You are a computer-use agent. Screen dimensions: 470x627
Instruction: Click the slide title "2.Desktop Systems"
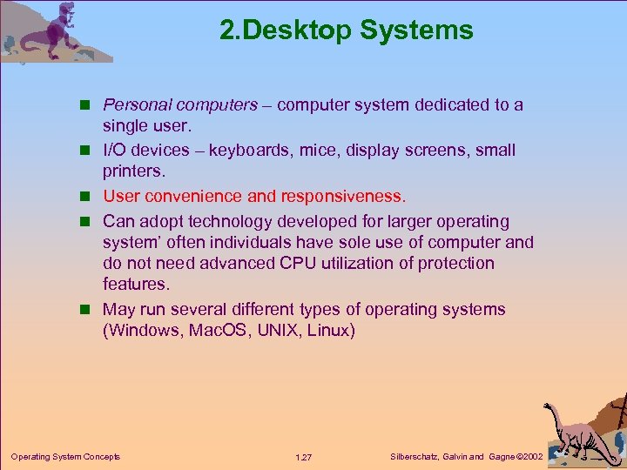tap(346, 31)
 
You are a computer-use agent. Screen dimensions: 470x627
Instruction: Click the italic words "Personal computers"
tap(180, 105)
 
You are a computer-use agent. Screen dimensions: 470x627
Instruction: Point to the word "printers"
tap(132, 171)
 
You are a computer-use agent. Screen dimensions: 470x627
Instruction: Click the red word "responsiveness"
tap(346, 197)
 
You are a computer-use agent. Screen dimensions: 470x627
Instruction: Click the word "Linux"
tap(330, 332)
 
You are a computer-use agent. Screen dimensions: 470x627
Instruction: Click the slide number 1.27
tap(304, 457)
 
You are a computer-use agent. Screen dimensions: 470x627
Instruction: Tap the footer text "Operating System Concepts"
tap(65, 457)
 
